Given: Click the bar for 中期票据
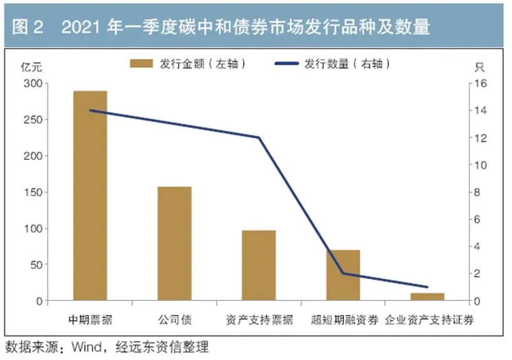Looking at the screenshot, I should pyautogui.click(x=90, y=196).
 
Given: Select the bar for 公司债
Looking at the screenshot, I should pyautogui.click(x=174, y=244).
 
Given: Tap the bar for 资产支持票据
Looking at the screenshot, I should pyautogui.click(x=259, y=266).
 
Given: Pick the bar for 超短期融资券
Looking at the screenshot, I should pyautogui.click(x=343, y=275).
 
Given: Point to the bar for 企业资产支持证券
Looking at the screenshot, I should pyautogui.click(x=427, y=297).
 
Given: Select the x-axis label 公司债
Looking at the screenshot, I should pyautogui.click(x=174, y=320).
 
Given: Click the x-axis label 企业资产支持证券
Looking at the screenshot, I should pyautogui.click(x=429, y=320).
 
